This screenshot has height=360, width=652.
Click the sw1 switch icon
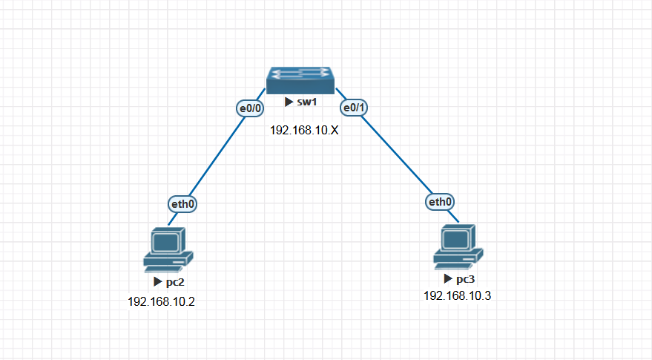click(x=300, y=79)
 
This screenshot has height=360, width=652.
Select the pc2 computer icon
click(x=168, y=249)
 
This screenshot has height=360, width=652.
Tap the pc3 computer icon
click(x=458, y=246)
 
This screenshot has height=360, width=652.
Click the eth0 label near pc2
click(x=183, y=203)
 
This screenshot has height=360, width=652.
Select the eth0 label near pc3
click(x=440, y=201)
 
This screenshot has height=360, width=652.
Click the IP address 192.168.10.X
click(x=304, y=130)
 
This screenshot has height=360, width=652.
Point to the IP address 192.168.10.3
click(x=457, y=295)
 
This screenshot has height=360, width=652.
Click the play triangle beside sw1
click(x=289, y=102)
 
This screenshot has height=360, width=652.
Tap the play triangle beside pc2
click(x=157, y=283)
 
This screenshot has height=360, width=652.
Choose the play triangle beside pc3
click(x=447, y=279)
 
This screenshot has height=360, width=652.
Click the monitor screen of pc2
click(x=166, y=241)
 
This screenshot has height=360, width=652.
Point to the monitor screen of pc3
click(x=455, y=238)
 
